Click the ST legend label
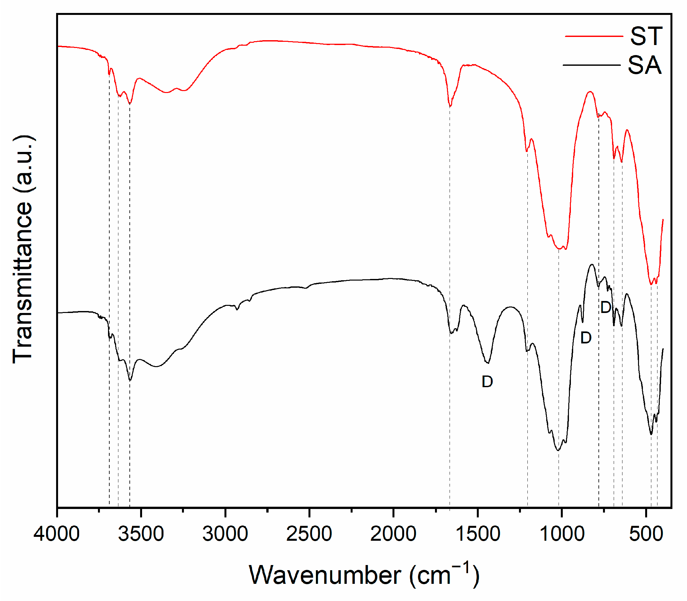tap(646, 36)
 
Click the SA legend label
tap(645, 65)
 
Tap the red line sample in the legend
tap(594, 36)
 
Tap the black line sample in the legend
tap(591, 65)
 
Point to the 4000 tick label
tap(56, 534)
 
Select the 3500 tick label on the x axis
tap(141, 534)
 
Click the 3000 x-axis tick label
tap(225, 534)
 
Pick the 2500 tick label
tap(309, 534)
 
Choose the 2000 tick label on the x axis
tap(393, 534)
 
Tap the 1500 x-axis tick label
tap(477, 534)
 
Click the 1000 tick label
tap(561, 534)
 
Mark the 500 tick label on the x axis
tap(646, 534)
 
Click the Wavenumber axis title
tap(364, 575)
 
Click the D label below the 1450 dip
tap(487, 382)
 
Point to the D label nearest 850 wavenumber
tap(585, 338)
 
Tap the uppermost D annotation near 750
tap(605, 307)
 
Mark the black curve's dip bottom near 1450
tap(487, 363)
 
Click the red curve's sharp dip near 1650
tap(450, 106)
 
